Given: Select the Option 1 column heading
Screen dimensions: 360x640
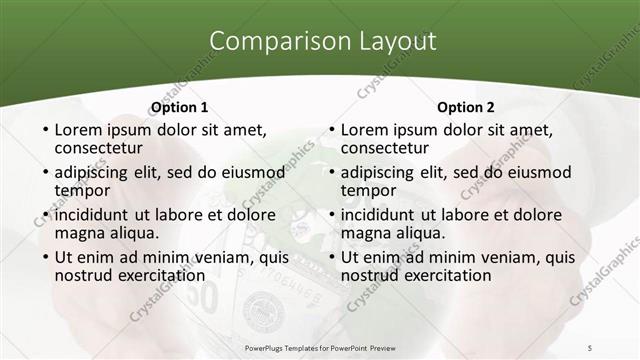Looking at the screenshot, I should pos(179,107).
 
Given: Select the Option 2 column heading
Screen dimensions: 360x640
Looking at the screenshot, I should pos(465,107).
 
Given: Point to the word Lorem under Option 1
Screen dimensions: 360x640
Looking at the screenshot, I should pos(80,130).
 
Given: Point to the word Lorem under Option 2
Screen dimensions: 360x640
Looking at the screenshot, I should pos(366,130).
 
